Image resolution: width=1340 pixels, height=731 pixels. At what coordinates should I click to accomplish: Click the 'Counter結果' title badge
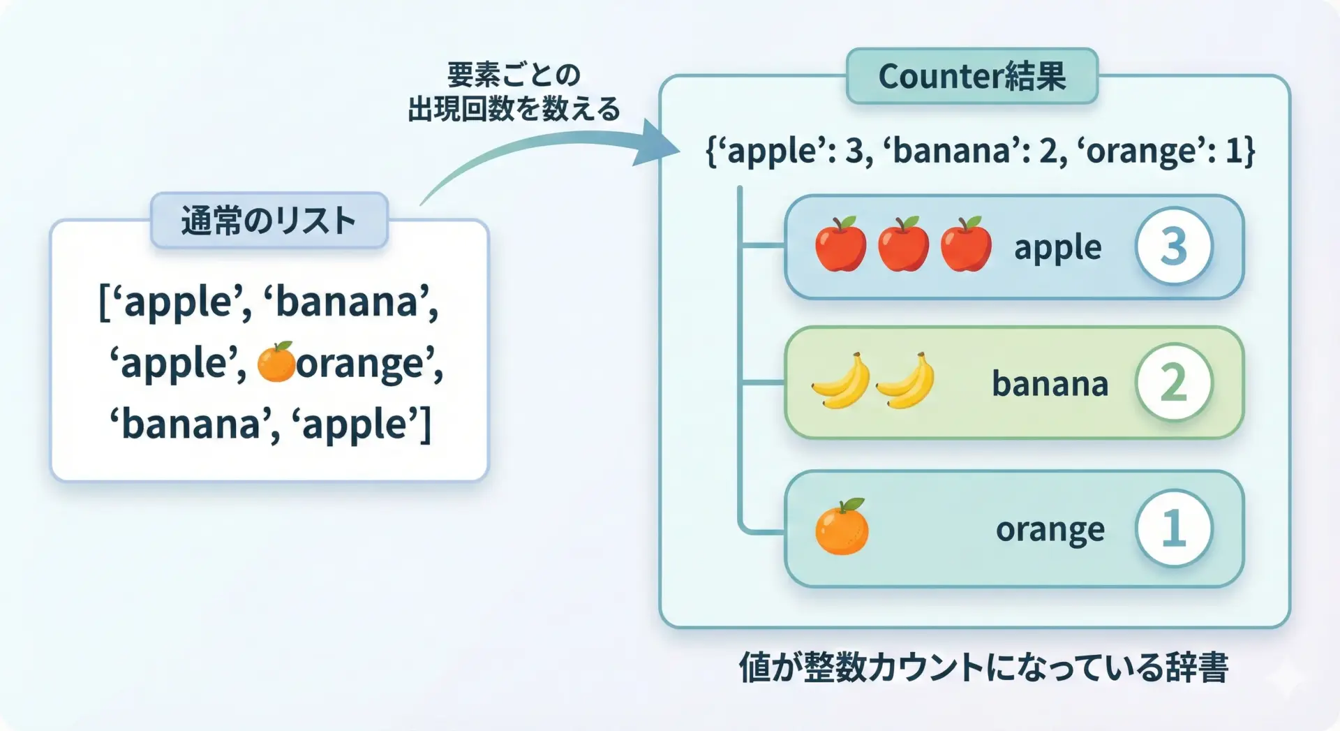(971, 75)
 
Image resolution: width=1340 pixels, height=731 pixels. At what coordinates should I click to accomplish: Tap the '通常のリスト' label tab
(269, 221)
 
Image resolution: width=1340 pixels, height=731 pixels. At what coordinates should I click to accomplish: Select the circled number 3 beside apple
(1174, 246)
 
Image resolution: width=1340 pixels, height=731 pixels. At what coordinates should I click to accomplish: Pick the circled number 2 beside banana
(1174, 382)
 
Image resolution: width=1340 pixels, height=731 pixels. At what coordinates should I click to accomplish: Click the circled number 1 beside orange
(1174, 529)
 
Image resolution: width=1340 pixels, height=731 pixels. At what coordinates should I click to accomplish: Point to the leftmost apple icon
(840, 244)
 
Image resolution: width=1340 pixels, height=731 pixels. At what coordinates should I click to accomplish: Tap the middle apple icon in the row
(903, 244)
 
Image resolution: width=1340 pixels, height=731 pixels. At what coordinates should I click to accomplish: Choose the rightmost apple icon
(966, 244)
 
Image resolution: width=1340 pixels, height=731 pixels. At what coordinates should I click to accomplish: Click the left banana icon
(841, 381)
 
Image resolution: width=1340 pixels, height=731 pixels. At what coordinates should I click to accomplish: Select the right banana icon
(905, 381)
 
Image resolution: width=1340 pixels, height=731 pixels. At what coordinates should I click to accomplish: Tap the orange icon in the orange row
(842, 527)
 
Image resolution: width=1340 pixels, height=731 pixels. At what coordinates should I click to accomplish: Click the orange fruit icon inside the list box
(276, 362)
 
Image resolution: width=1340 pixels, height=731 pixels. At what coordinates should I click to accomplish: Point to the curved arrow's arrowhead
(656, 145)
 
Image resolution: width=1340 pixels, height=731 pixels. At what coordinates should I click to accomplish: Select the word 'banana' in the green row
(1050, 384)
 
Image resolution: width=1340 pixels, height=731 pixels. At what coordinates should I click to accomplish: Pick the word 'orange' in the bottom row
(1050, 531)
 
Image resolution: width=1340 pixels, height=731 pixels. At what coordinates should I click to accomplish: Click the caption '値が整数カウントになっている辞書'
(983, 667)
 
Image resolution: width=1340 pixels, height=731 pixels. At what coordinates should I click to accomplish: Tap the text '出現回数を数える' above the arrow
(514, 109)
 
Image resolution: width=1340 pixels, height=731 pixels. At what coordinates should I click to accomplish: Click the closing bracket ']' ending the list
(424, 424)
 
